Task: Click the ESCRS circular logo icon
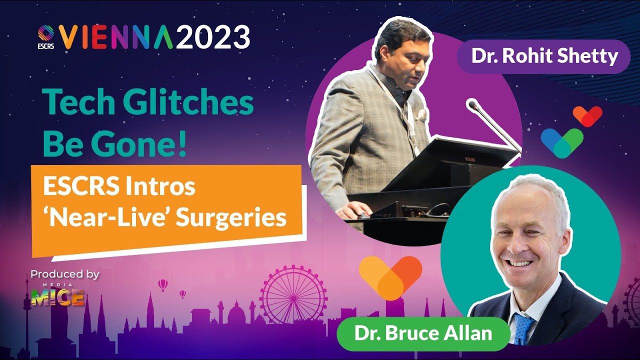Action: (x=45, y=33)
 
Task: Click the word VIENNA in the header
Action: (x=115, y=37)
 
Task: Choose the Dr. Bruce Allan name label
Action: (x=423, y=333)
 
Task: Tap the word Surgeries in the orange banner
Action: (x=231, y=218)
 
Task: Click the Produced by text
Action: (x=65, y=274)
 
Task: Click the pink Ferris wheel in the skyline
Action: (x=293, y=294)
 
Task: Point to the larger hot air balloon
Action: (x=163, y=285)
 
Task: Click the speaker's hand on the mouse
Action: (x=355, y=210)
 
